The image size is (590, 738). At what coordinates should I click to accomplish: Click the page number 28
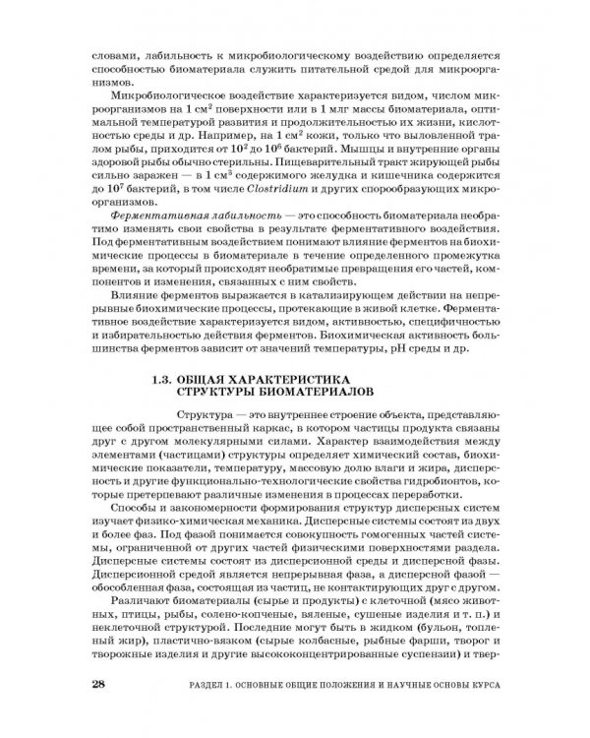point(96,685)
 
